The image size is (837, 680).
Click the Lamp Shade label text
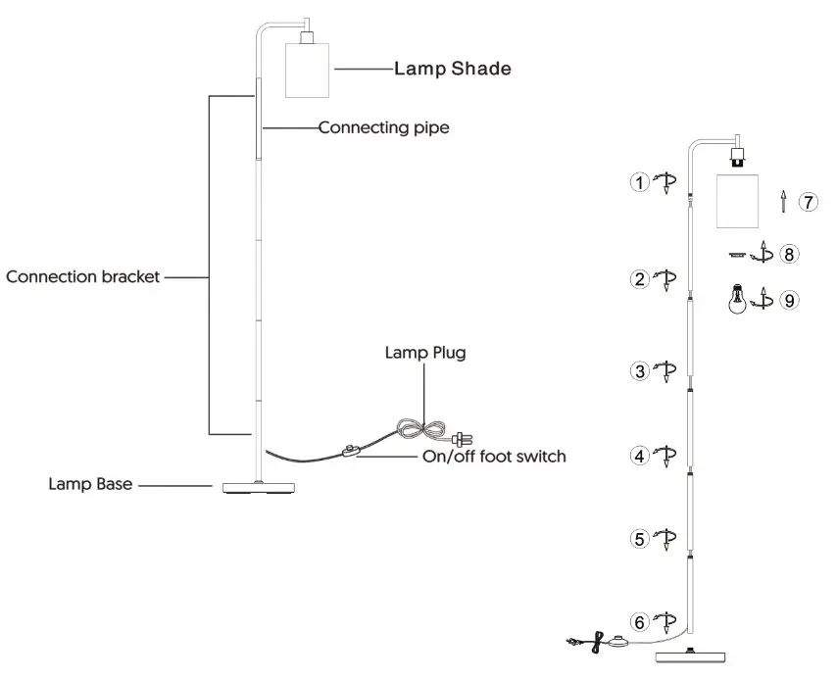(x=452, y=69)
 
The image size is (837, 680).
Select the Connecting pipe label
(x=384, y=127)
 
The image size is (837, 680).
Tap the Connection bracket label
(x=82, y=277)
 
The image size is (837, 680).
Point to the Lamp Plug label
(x=423, y=354)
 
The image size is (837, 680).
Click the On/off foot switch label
(x=494, y=456)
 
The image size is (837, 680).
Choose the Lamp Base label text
(x=91, y=484)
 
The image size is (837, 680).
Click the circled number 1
(x=639, y=182)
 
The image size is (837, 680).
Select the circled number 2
(x=639, y=279)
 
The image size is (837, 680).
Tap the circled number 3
(x=639, y=371)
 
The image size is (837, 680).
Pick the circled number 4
(x=639, y=456)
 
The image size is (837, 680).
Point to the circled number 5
(x=639, y=538)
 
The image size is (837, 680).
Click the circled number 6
(x=639, y=621)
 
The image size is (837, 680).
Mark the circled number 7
(x=807, y=202)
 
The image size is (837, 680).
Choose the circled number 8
(x=789, y=255)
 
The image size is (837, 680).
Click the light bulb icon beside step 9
(x=734, y=298)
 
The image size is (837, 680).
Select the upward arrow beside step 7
(x=782, y=202)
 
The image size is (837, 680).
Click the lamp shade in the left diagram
(x=307, y=70)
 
